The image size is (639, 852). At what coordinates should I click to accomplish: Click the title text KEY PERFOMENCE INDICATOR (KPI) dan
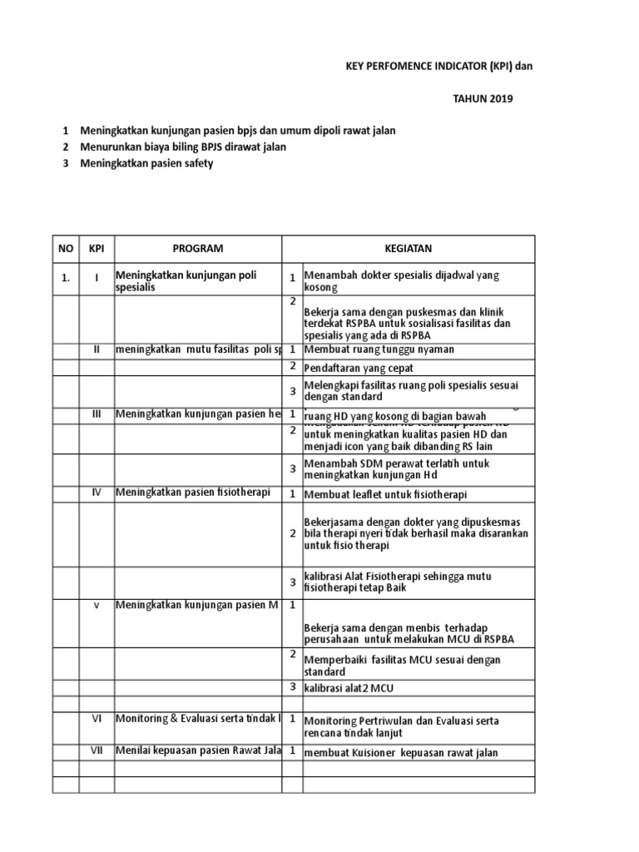coord(436,67)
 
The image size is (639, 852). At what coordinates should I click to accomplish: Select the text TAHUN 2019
coord(483,98)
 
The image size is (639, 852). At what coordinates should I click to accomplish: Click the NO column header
coord(66,249)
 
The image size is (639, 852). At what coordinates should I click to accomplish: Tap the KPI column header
coord(97,249)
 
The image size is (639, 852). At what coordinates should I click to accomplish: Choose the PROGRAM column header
coord(198,249)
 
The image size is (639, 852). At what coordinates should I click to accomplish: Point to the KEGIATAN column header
coord(408,249)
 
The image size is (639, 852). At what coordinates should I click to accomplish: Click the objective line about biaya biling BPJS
coord(183,147)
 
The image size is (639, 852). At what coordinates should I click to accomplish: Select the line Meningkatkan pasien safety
coord(146,163)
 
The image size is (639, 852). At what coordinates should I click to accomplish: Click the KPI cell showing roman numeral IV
coord(97,493)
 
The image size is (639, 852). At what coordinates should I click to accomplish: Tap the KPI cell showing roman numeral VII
coord(97,750)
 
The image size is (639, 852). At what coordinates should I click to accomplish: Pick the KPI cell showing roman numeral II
coord(97,349)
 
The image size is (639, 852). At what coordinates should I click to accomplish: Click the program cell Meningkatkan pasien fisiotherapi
coord(193,493)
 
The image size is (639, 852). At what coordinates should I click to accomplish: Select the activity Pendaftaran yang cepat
coord(358,367)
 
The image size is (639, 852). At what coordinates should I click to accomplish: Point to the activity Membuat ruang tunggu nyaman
coord(379,349)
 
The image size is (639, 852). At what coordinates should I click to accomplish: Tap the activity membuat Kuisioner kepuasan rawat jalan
coord(401,753)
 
